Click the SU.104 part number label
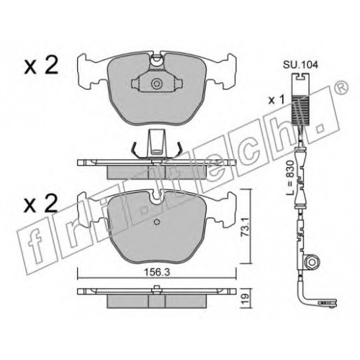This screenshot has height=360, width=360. pyautogui.click(x=300, y=65)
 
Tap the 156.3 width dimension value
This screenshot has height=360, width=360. pyautogui.click(x=156, y=272)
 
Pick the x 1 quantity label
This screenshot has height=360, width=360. pyautogui.click(x=276, y=99)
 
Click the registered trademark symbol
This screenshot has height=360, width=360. pyautogui.click(x=343, y=88)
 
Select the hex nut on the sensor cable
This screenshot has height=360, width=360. pyautogui.click(x=311, y=261)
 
